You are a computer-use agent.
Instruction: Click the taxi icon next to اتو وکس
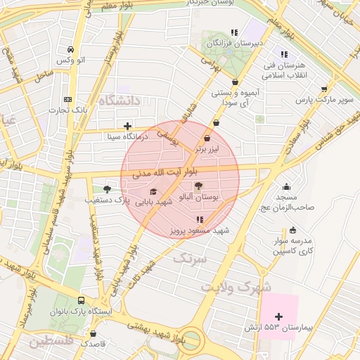point(71,50)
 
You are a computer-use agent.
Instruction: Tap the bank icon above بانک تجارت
point(67,99)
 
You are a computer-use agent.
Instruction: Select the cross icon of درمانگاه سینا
point(127,127)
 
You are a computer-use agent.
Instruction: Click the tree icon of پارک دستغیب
point(107,189)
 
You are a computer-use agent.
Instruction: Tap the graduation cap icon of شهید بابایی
point(153,191)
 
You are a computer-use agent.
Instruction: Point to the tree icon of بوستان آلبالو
point(199,186)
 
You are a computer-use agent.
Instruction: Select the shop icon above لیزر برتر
point(207,139)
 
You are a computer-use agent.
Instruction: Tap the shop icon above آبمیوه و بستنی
point(234,82)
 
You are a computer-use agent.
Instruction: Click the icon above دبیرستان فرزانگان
point(234,32)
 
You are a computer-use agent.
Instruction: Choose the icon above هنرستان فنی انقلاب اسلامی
point(284,54)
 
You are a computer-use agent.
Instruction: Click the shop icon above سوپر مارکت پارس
point(323,89)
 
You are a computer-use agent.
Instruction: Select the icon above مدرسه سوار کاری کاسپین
point(292,230)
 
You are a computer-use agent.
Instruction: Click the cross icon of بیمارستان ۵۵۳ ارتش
point(279,316)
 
